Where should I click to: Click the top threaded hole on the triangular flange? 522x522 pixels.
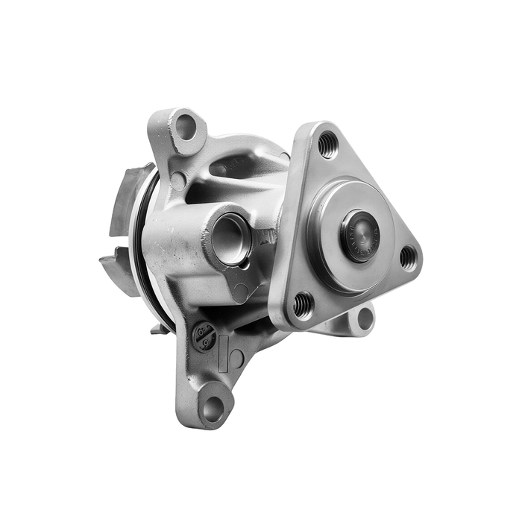tap(327, 145)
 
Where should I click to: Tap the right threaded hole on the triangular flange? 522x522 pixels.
tap(408, 258)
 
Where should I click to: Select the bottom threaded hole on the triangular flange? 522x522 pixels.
tap(303, 304)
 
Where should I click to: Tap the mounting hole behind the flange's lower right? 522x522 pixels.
tap(365, 318)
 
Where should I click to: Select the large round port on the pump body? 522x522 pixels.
tap(230, 239)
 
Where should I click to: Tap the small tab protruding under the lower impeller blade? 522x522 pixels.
tap(157, 327)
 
